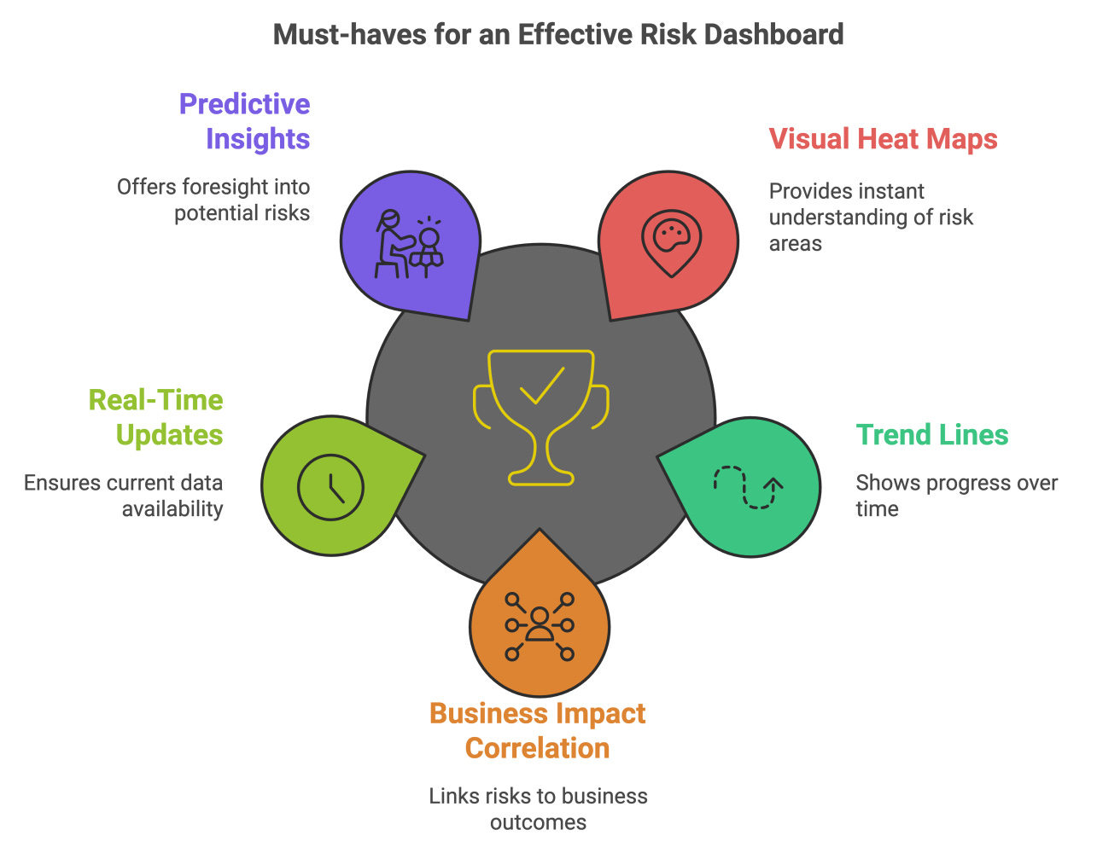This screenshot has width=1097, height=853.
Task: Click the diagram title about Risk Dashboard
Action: pos(558,35)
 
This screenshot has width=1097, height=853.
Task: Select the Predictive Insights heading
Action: pos(245,121)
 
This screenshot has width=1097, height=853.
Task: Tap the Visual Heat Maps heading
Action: pos(883,139)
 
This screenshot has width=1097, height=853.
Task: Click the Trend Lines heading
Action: pos(931,435)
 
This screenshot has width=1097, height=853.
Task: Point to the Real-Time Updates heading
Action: pos(156,417)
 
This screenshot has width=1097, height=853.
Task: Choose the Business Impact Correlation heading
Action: pos(538,730)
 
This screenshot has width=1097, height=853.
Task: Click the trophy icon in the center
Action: pos(541,416)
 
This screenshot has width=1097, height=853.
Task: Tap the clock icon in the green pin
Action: pos(331,488)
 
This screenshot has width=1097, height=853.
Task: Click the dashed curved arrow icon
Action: pos(749,487)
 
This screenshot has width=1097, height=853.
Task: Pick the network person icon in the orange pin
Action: pos(540,627)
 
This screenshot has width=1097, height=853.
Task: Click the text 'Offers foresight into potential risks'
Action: pos(213,200)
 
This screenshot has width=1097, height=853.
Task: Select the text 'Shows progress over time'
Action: pos(956,496)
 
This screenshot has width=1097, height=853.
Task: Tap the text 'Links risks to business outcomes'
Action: pos(538,809)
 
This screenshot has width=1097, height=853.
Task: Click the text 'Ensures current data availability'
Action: pos(124,496)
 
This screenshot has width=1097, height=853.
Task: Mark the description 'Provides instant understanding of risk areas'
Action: pos(871,217)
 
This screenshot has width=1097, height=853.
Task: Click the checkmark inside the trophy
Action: pos(542,385)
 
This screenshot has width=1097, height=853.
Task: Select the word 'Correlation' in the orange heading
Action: pos(538,748)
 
